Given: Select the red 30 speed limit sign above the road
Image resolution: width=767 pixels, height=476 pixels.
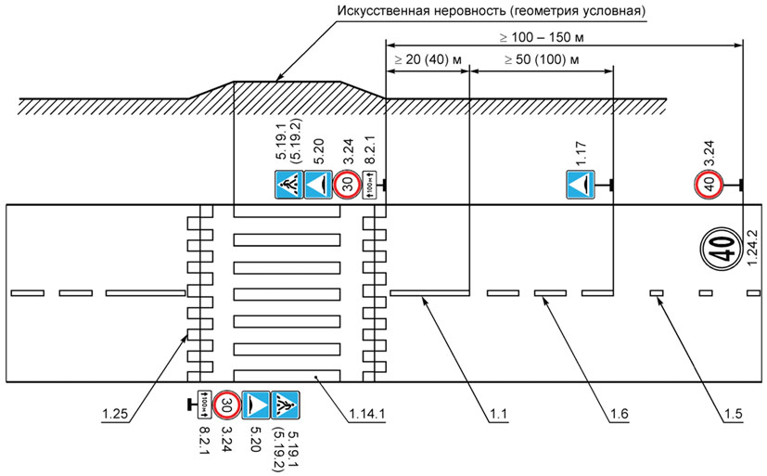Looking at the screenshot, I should (347, 184).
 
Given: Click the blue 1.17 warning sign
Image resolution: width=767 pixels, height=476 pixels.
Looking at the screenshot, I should (582, 185).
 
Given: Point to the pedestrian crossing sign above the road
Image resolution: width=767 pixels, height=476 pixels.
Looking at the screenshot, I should (288, 184).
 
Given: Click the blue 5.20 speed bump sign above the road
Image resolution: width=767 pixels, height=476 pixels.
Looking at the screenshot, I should (318, 184).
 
